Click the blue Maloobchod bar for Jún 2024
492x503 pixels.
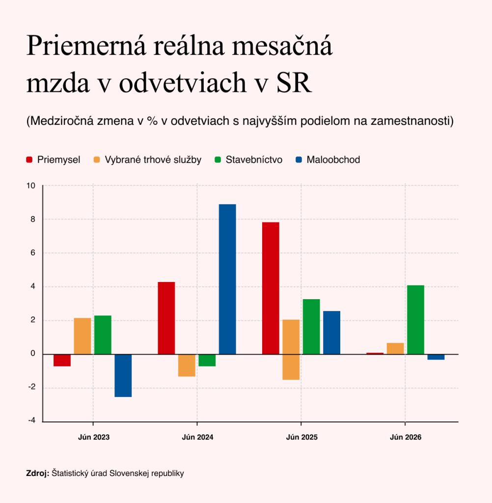pyautogui.click(x=227, y=279)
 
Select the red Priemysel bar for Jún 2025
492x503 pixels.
pyautogui.click(x=271, y=288)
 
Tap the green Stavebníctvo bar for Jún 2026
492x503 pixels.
pyautogui.click(x=416, y=319)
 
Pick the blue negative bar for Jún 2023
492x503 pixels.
pyautogui.click(x=123, y=376)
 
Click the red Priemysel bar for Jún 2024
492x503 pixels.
pyautogui.click(x=166, y=318)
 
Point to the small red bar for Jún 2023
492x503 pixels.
pyautogui.click(x=62, y=360)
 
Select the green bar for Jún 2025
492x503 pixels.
pyautogui.click(x=311, y=327)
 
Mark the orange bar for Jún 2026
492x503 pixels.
pyautogui.click(x=395, y=348)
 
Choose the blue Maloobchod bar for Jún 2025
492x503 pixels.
pyautogui.click(x=331, y=333)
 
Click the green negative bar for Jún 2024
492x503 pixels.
pyautogui.click(x=207, y=360)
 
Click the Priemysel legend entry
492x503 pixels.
pyautogui.click(x=53, y=160)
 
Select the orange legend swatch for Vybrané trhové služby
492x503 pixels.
pyautogui.click(x=97, y=160)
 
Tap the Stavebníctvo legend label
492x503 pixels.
pyautogui.click(x=254, y=160)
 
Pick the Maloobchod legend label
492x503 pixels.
pyautogui.click(x=333, y=160)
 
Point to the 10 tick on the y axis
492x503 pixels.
pyautogui.click(x=31, y=186)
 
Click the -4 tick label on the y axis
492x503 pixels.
pyautogui.click(x=32, y=421)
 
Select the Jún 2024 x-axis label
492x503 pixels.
pyautogui.click(x=197, y=437)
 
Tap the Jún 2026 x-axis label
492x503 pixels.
pyautogui.click(x=406, y=437)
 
